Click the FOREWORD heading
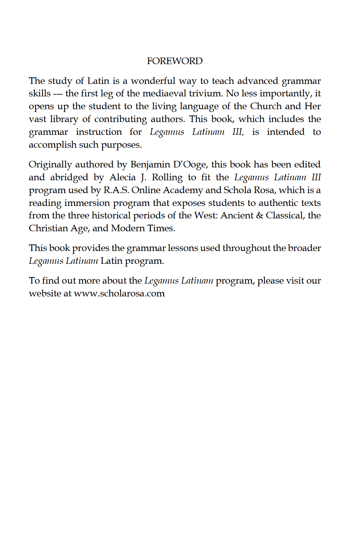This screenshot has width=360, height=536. click(174, 61)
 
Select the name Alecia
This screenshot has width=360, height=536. click(122, 177)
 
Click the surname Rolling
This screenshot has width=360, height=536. click(167, 177)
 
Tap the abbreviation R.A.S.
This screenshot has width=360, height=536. click(116, 190)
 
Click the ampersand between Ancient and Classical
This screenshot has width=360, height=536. click(259, 215)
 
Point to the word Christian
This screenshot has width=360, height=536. click(48, 228)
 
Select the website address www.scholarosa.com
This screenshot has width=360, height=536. click(119, 293)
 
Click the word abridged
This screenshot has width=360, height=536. click(69, 177)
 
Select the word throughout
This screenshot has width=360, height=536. click(246, 248)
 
